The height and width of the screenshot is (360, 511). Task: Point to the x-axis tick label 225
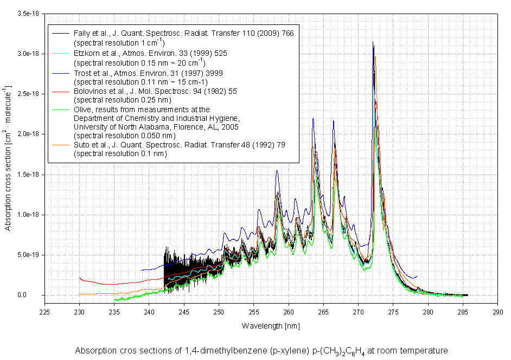(44, 312)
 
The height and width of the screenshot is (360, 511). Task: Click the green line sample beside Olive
(61, 110)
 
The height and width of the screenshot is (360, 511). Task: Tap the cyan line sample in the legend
(61, 53)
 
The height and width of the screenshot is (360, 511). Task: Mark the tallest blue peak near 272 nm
(373, 42)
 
